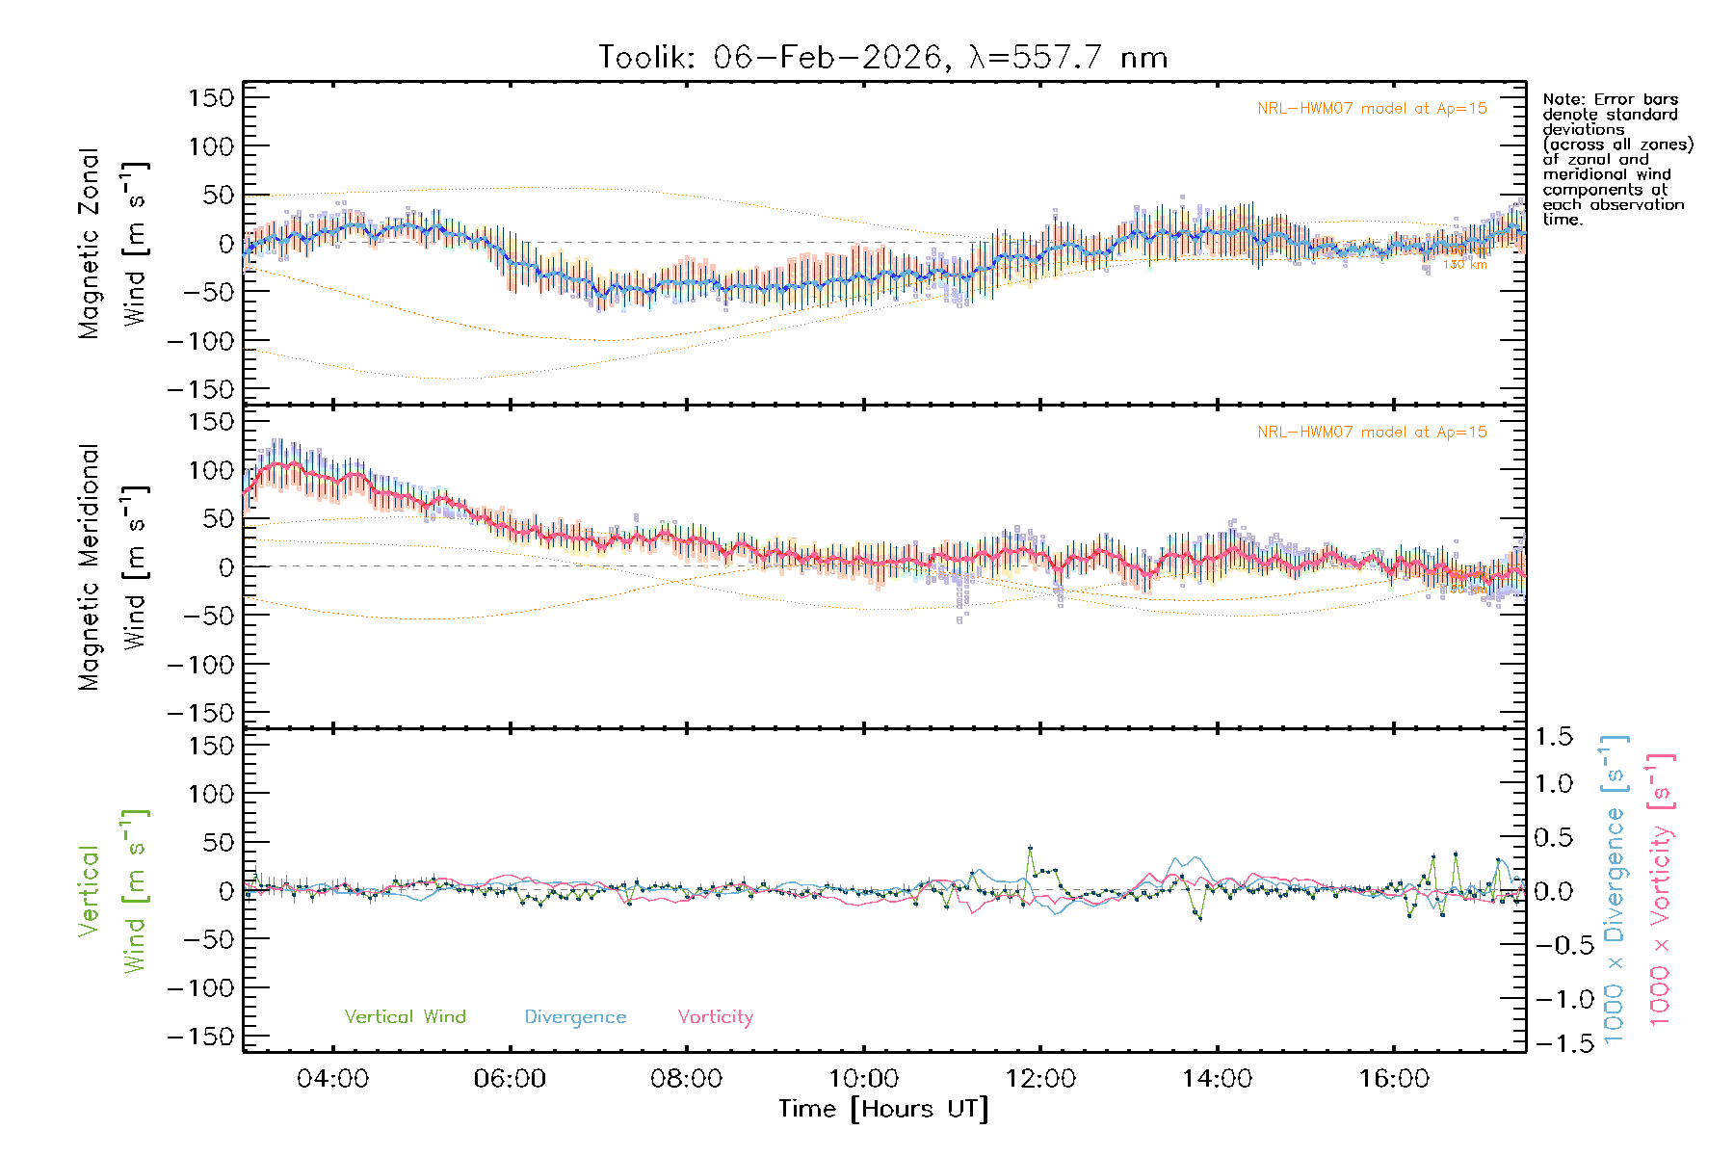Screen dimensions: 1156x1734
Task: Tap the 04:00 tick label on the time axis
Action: [x=332, y=1079]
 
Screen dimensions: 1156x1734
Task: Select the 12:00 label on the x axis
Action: [x=1040, y=1079]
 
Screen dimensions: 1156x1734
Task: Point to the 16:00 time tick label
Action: [x=1394, y=1079]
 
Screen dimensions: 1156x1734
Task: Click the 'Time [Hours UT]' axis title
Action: [x=883, y=1109]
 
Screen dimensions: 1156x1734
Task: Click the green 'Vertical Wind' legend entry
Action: [x=405, y=1017]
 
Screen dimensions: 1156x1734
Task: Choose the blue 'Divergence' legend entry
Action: [x=575, y=1017]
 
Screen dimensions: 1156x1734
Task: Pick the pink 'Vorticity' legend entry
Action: [x=715, y=1017]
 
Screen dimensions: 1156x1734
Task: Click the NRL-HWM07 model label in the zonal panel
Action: [x=1372, y=109]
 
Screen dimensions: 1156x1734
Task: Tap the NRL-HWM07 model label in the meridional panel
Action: [x=1372, y=433]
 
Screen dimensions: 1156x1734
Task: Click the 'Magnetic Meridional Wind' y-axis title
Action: [x=113, y=566]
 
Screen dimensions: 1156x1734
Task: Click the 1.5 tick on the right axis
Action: [x=1554, y=737]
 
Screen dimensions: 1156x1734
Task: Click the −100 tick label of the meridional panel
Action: [x=200, y=665]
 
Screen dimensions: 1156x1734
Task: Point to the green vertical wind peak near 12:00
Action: [x=1030, y=848]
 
